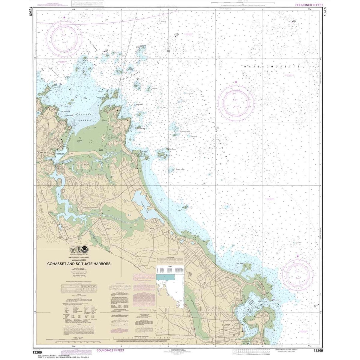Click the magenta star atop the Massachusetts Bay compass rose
[x=236, y=82]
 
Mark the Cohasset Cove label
[x=61, y=153]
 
